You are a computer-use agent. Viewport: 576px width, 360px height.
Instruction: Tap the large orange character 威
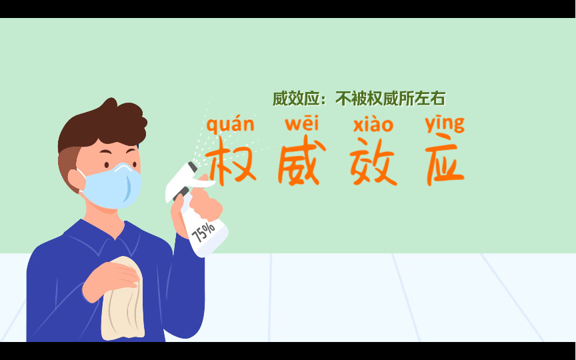pos(299,163)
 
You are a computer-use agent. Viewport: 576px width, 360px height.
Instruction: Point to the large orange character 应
pos(444,163)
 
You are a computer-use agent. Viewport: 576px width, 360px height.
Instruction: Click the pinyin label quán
pos(230,125)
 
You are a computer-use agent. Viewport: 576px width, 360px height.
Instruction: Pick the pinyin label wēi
pos(302,123)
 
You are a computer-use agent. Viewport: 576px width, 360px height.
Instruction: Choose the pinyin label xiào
pos(373,124)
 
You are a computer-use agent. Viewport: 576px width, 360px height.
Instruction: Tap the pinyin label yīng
pos(445,124)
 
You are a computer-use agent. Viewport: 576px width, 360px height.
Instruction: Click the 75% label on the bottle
pos(203,231)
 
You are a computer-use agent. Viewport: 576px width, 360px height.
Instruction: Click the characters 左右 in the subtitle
pos(429,99)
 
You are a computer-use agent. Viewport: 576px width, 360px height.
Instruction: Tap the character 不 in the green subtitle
pos(343,99)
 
